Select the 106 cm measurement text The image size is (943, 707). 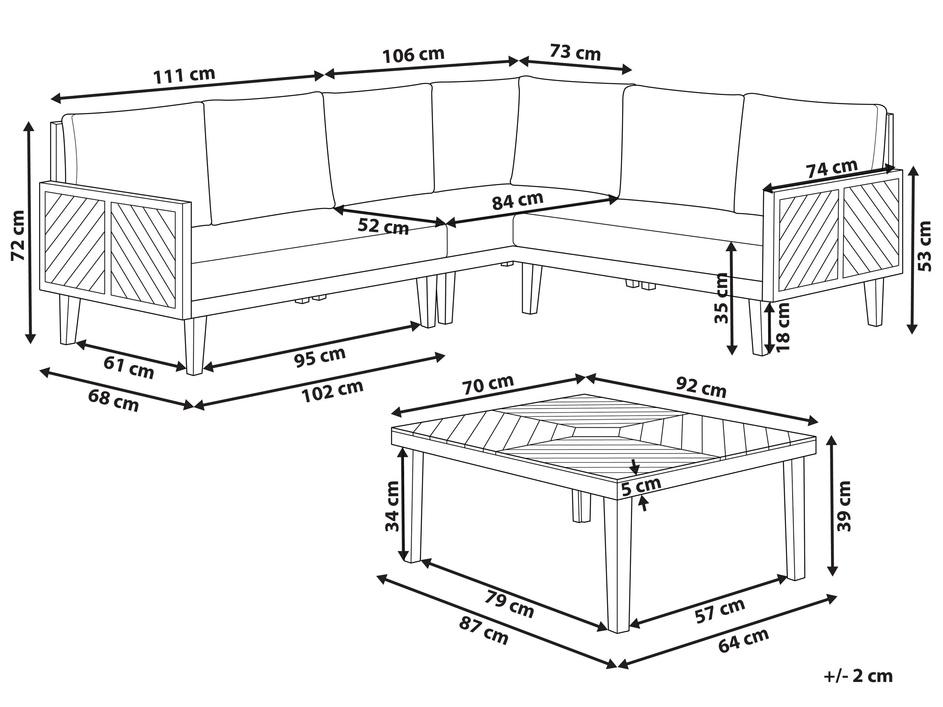click(x=413, y=55)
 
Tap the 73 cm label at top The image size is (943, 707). click(x=575, y=52)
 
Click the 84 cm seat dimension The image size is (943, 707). click(x=517, y=201)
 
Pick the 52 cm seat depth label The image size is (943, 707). click(x=383, y=226)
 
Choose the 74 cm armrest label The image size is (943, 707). click(x=831, y=169)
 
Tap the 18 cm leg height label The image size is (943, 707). click(x=783, y=326)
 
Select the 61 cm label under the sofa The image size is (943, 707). click(x=129, y=367)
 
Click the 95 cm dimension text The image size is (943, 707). click(x=320, y=357)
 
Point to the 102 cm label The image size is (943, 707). click(x=332, y=391)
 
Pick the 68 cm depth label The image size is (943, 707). click(x=113, y=400)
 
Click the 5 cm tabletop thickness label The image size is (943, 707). click(x=641, y=486)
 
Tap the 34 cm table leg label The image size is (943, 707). click(x=392, y=506)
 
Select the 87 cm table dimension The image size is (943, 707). click(x=483, y=631)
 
